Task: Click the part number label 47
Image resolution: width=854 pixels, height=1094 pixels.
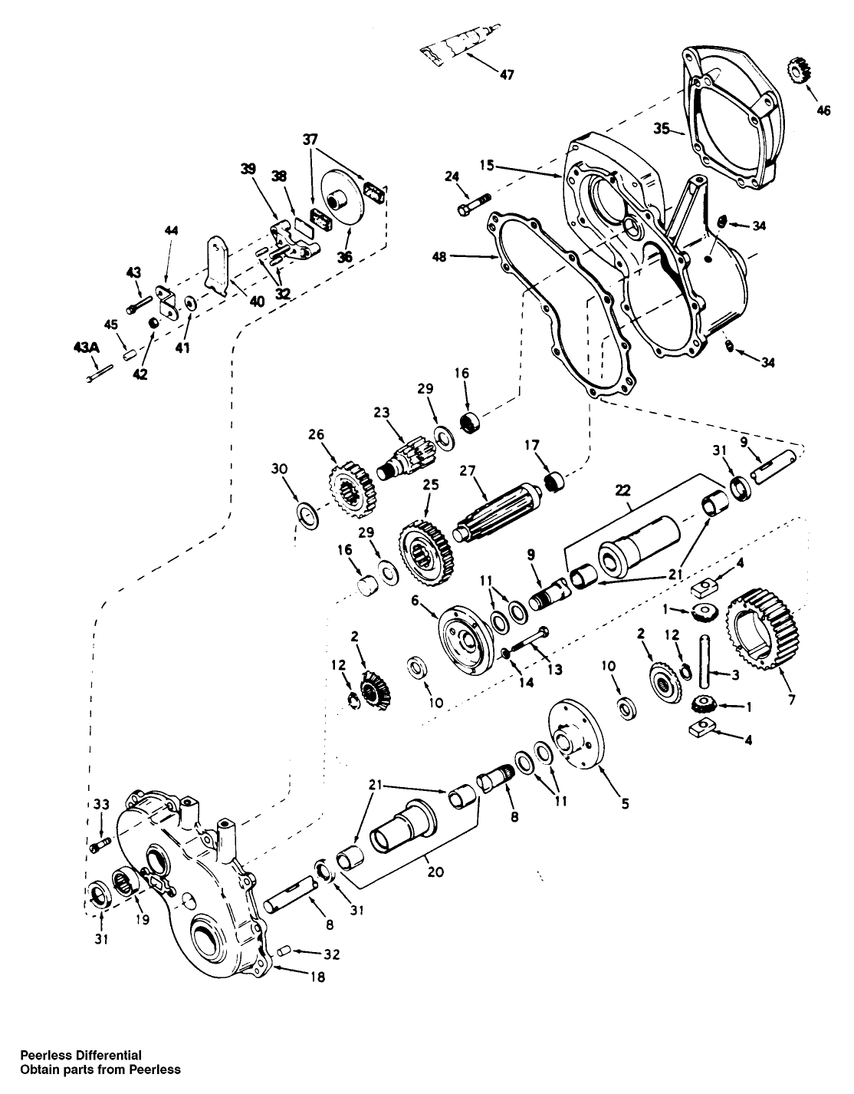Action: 507,74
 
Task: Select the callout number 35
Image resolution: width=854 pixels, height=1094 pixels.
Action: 663,127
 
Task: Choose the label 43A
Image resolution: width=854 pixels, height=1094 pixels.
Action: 86,348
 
